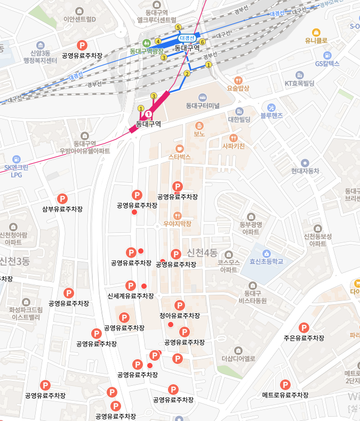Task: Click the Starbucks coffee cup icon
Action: (179, 148)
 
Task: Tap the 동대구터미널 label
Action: (202, 106)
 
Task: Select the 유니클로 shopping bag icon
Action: (316, 32)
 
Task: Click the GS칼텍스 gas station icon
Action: (327, 55)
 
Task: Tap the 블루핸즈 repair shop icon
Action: (271, 107)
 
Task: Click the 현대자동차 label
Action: (305, 171)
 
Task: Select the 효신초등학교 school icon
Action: (266, 253)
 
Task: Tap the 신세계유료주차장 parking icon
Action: (130, 286)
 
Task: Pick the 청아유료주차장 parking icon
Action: (180, 306)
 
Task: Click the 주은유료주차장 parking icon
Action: (304, 328)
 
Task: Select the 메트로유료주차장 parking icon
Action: (285, 385)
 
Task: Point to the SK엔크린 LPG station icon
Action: (16, 159)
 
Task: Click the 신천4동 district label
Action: (202, 252)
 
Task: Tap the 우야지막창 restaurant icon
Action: (178, 215)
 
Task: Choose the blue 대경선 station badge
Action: (188, 38)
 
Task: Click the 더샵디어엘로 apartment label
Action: (238, 358)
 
